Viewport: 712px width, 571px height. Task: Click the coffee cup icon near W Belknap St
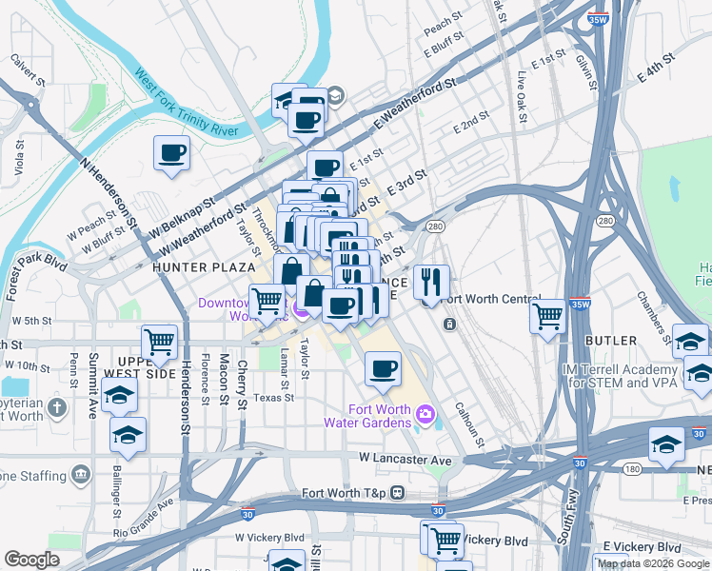pos(171,153)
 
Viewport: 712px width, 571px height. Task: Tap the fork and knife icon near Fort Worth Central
pos(431,282)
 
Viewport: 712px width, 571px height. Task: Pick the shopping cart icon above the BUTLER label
pos(548,317)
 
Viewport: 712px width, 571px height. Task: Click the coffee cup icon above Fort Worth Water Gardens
pos(383,369)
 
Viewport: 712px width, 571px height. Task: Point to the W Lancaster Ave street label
pos(405,459)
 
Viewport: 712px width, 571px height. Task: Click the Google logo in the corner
pos(32,560)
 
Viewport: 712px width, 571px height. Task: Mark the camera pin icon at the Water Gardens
pos(425,415)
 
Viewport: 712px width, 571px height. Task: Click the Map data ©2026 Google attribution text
pos(653,563)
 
